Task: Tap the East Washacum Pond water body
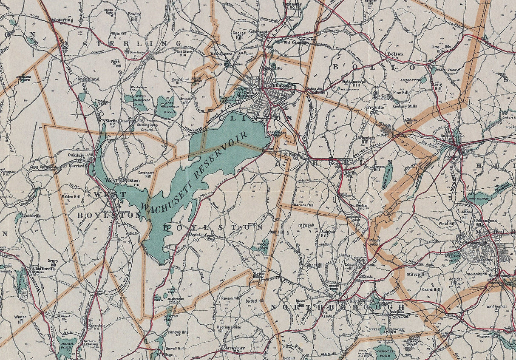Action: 164,107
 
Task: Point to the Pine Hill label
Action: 400,92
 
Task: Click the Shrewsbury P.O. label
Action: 235,349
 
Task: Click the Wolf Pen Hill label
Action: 496,306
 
